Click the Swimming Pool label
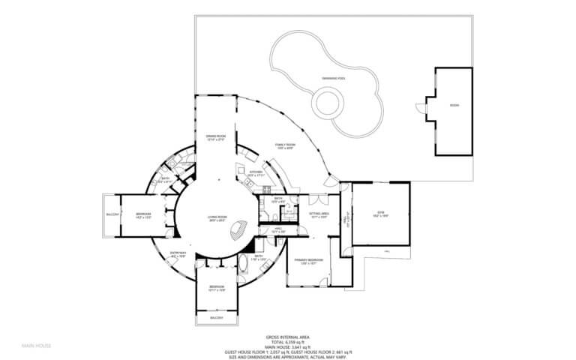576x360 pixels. [333, 77]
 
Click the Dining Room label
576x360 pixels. [217, 136]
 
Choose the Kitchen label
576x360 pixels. [255, 174]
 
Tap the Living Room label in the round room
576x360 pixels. [217, 219]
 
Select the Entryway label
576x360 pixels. [178, 254]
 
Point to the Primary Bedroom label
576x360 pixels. [309, 260]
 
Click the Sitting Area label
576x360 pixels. [319, 214]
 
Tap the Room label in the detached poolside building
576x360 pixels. [454, 106]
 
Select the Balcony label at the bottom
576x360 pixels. [216, 319]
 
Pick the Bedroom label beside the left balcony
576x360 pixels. [144, 215]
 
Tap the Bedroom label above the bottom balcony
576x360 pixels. [216, 288]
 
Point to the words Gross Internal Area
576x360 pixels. [288, 337]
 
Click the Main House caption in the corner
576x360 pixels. [36, 346]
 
